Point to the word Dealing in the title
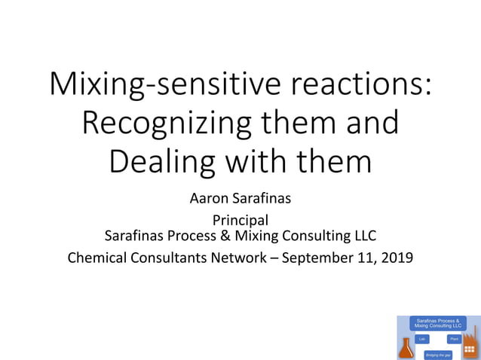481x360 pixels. (x=155, y=161)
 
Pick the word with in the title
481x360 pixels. (x=250, y=161)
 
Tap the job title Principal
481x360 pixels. (x=240, y=221)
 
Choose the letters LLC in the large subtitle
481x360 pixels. (x=360, y=236)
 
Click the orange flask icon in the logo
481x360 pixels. (x=406, y=347)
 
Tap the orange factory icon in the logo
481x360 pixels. (x=471, y=343)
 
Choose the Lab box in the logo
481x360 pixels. (x=423, y=339)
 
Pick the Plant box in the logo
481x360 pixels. (x=454, y=339)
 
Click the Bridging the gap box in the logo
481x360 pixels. (x=438, y=354)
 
